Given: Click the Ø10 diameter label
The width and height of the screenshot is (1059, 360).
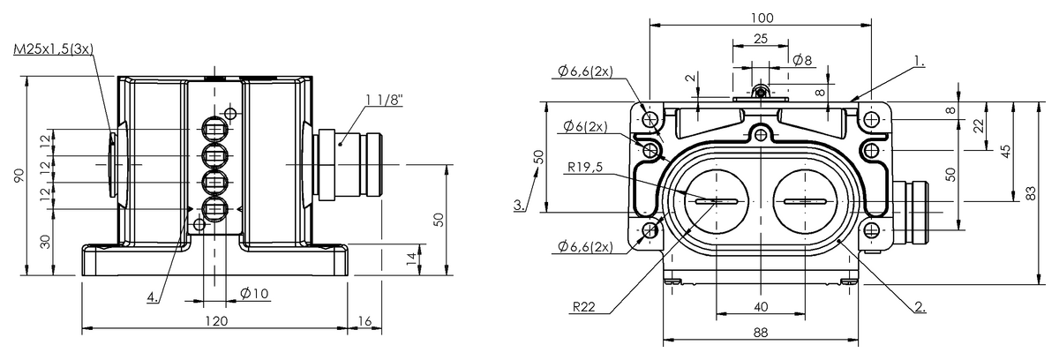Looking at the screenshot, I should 254,293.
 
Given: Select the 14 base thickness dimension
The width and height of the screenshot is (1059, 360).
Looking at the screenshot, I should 410,258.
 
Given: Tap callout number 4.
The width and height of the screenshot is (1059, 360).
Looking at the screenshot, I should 153,297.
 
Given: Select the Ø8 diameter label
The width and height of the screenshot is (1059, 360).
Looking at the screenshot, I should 802,60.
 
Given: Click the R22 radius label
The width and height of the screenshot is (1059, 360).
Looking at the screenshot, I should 582,308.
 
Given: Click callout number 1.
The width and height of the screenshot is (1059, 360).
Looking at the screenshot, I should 919,63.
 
